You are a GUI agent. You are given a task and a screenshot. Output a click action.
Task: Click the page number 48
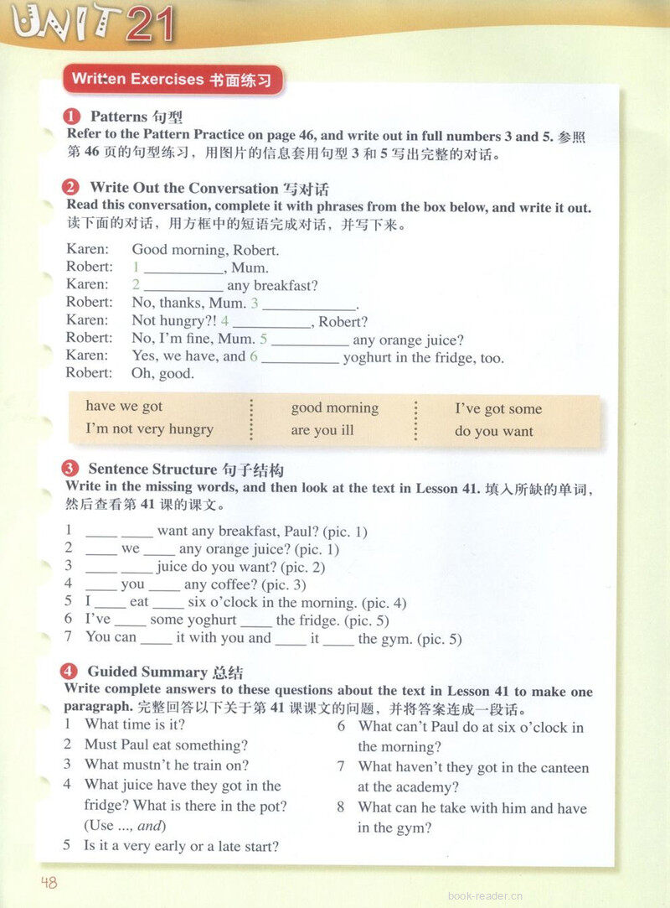coord(48,882)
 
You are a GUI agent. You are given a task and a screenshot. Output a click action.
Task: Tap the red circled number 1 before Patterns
coord(72,117)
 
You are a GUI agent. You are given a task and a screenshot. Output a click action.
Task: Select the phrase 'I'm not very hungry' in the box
coord(149,429)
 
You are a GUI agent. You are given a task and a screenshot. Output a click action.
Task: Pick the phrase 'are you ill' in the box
coord(322,431)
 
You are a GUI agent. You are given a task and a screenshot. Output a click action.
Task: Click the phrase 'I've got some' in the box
coord(497,409)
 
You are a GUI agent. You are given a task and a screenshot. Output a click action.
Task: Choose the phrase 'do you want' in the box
coord(493,432)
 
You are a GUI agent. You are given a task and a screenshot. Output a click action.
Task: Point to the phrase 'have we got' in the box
coord(124,407)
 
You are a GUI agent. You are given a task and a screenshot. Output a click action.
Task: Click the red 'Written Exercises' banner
coord(172,80)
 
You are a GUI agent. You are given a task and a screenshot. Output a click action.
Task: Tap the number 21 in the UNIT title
coord(151,25)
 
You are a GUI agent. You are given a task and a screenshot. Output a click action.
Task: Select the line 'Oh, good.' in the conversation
coord(162,374)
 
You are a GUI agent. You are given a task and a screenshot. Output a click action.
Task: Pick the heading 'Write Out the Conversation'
coord(183,188)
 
